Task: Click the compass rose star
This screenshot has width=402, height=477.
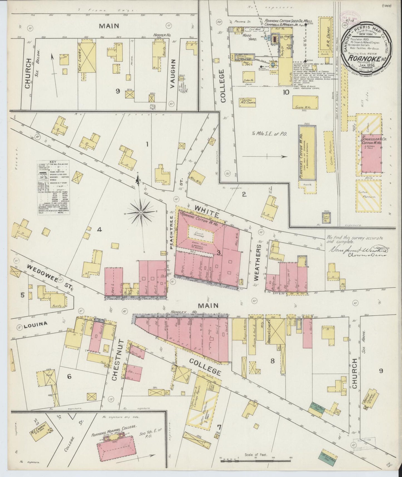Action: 141,212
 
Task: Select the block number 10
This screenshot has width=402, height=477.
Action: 286,92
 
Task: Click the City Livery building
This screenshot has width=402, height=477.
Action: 88,58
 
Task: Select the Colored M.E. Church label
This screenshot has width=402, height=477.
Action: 248,101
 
